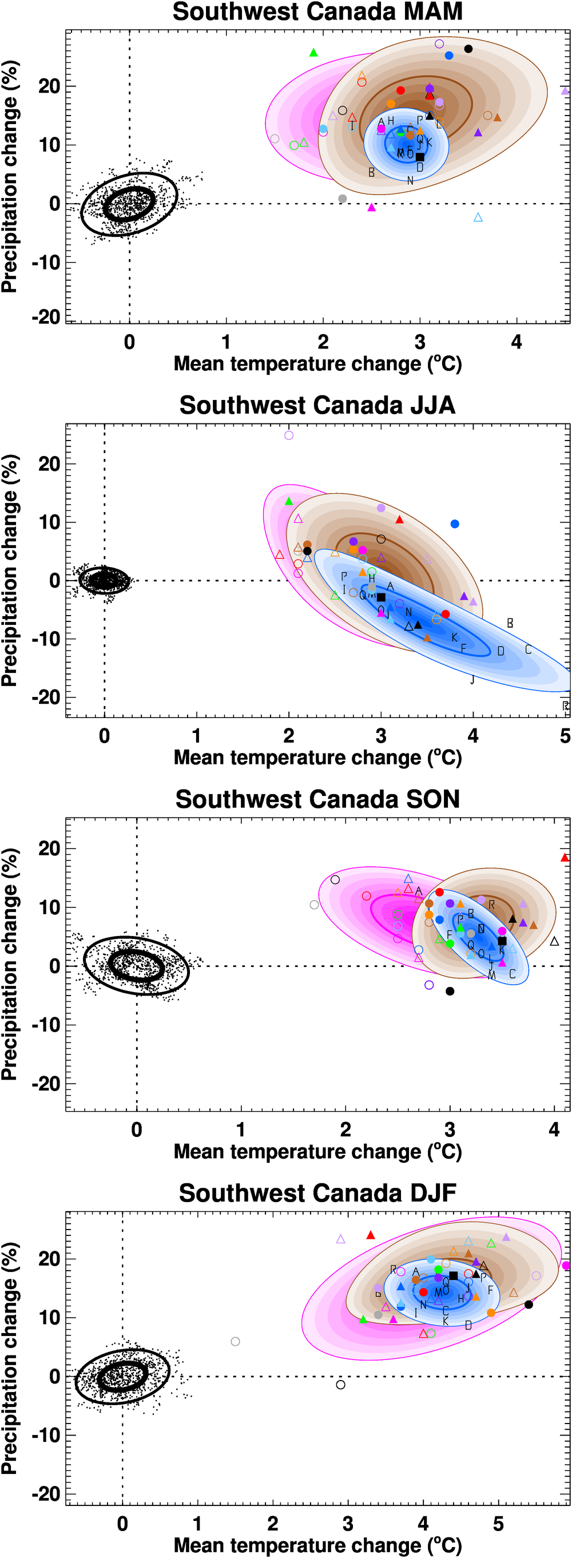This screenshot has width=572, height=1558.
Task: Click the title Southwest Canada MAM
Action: pos(317,12)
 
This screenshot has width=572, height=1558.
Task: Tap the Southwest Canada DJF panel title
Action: pos(317,1194)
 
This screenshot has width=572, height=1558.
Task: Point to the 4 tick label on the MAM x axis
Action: pos(517,342)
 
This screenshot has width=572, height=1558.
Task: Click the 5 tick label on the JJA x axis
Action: pos(565,736)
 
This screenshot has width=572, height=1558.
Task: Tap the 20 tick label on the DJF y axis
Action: pos(50,1259)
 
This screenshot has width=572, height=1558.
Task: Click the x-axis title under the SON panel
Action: pos(317,1152)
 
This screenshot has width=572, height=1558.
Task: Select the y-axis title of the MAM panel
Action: pos(10,177)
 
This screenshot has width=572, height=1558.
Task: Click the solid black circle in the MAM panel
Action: pos(468,49)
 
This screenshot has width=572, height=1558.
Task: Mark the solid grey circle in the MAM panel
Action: pos(342,199)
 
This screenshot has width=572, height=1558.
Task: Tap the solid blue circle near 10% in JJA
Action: pos(455,524)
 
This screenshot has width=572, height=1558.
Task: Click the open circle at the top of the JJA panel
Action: pos(289,435)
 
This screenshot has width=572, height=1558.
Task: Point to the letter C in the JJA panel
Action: pos(528,649)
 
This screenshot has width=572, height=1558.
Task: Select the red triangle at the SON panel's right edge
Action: pos(565,858)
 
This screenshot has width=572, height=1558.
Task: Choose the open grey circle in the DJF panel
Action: pos(235,1342)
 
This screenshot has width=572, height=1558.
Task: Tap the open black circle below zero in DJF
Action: pos(340,1385)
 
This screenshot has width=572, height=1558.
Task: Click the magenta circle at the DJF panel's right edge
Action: pos(566,1265)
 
